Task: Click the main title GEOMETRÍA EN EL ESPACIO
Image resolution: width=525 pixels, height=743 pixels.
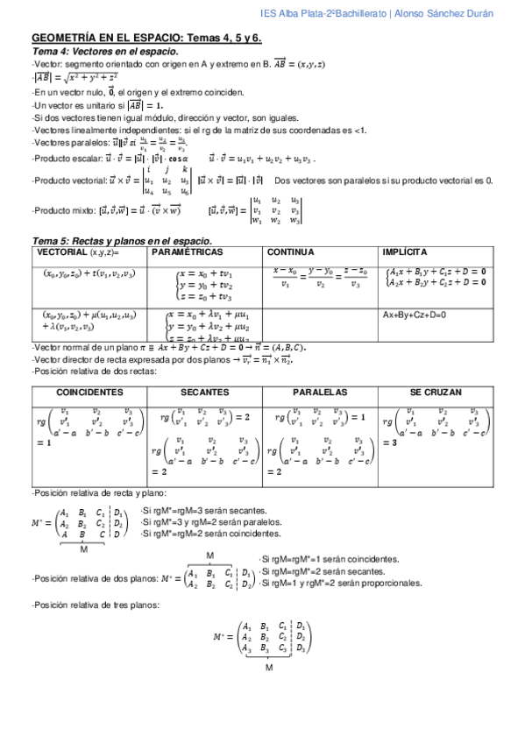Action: click(106, 39)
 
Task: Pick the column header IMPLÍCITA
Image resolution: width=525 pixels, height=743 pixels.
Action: click(404, 251)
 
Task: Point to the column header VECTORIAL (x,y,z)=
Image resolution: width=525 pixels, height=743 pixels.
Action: click(77, 251)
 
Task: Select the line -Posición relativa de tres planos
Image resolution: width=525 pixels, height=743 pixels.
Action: click(96, 605)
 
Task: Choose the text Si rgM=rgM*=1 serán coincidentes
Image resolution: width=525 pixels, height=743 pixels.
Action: click(330, 559)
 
